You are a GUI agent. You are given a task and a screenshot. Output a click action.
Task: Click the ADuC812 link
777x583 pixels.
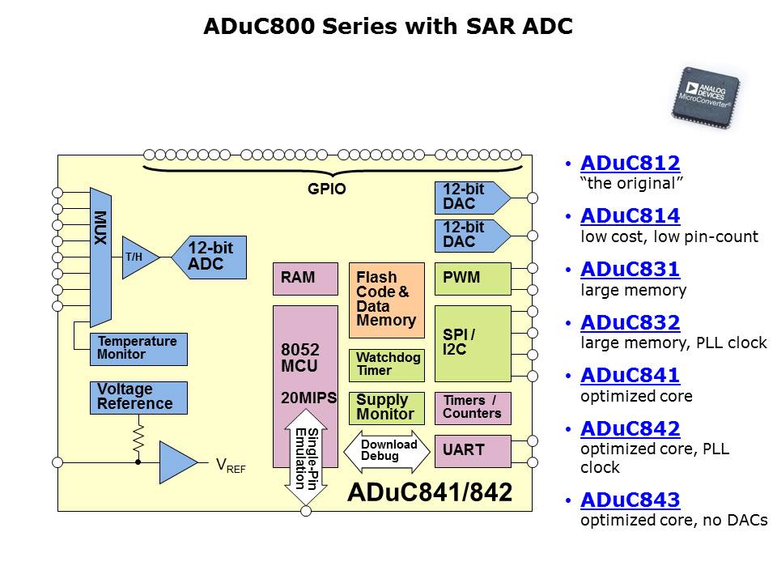pyautogui.click(x=630, y=164)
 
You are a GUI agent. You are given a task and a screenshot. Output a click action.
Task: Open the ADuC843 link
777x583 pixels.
pyautogui.click(x=630, y=500)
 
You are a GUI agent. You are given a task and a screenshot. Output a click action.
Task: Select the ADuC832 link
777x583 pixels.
pyautogui.click(x=630, y=323)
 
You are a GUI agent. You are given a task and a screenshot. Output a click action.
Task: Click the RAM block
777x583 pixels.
pyautogui.click(x=305, y=279)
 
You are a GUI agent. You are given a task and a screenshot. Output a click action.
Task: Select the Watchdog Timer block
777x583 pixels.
pyautogui.click(x=386, y=365)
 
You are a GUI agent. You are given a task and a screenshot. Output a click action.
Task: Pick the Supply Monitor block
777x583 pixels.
pyautogui.click(x=386, y=407)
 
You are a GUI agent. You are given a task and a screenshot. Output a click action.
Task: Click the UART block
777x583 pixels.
pyautogui.click(x=473, y=451)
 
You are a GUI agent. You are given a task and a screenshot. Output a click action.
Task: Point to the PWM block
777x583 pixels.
pyautogui.click(x=473, y=279)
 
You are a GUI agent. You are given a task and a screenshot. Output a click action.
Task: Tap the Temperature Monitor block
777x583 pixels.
pyautogui.click(x=138, y=349)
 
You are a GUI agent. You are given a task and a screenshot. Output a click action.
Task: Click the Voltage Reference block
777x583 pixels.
pyautogui.click(x=138, y=397)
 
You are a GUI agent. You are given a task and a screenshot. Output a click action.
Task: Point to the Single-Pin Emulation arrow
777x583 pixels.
pyautogui.click(x=305, y=462)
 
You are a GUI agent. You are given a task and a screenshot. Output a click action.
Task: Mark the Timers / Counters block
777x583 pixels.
pyautogui.click(x=473, y=407)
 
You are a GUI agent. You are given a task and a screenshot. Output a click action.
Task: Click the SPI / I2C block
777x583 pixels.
pyautogui.click(x=473, y=343)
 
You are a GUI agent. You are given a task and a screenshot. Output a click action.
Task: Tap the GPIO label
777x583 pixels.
pyautogui.click(x=326, y=190)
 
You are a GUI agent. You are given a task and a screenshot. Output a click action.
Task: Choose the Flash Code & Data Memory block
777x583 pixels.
pyautogui.click(x=386, y=300)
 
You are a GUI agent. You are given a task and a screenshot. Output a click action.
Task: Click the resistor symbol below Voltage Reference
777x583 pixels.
pyautogui.click(x=138, y=436)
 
